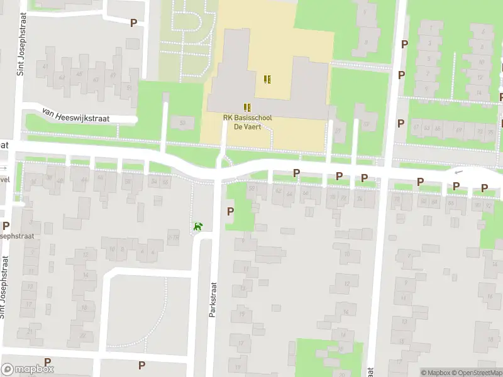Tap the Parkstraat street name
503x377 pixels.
213,299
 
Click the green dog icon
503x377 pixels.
199,226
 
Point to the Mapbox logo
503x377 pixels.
28,369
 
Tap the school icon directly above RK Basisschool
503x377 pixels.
247,107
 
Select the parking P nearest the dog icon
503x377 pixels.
230,212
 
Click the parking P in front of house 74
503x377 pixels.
364,178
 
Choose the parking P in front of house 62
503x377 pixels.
296,173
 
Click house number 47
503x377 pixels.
113,75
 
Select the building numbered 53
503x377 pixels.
183,122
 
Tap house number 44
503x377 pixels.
84,180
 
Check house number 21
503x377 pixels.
30,332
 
